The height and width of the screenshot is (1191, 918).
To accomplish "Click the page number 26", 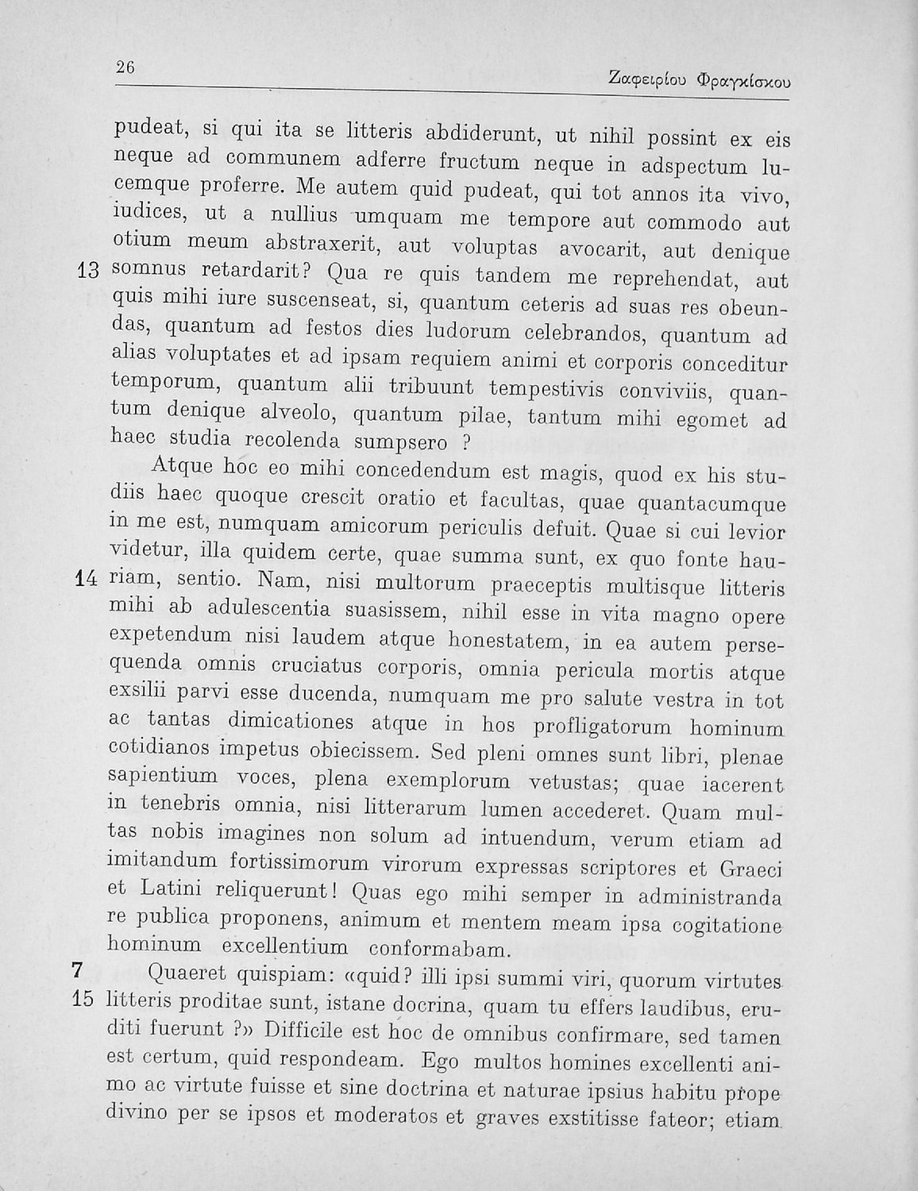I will click(x=125, y=67).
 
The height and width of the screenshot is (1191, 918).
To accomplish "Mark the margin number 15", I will click(x=83, y=999).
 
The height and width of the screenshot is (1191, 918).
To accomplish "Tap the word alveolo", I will click(x=299, y=413).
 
